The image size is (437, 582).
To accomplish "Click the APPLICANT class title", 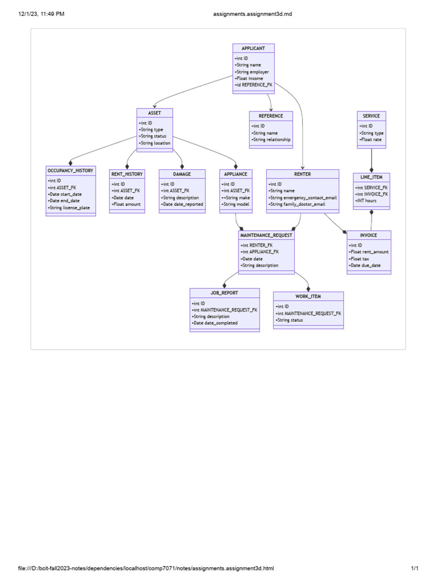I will (x=253, y=48).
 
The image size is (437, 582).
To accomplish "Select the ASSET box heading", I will (x=154, y=113).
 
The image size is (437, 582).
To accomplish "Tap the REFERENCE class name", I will (x=271, y=116).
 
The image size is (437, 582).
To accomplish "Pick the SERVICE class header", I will (x=372, y=116).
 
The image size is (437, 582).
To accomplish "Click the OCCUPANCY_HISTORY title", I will (x=71, y=171).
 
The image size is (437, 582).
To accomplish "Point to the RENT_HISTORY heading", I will (x=127, y=174).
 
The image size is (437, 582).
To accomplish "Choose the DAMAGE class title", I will (x=182, y=174).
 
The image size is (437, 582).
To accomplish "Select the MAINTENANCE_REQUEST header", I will (x=266, y=235).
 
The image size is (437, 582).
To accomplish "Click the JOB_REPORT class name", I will (x=224, y=293).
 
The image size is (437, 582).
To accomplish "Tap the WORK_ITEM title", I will (x=308, y=297).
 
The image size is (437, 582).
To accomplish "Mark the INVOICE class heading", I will (x=369, y=235).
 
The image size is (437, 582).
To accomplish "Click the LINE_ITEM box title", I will (x=372, y=177).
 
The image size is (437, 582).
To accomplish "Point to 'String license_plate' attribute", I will (x=69, y=208).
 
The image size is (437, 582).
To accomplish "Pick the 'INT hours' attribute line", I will (x=366, y=201).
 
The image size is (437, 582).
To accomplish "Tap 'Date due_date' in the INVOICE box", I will (x=365, y=265).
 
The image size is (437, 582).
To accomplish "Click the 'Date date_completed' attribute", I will (x=215, y=323).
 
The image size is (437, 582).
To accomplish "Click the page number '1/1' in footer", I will (x=415, y=568).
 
